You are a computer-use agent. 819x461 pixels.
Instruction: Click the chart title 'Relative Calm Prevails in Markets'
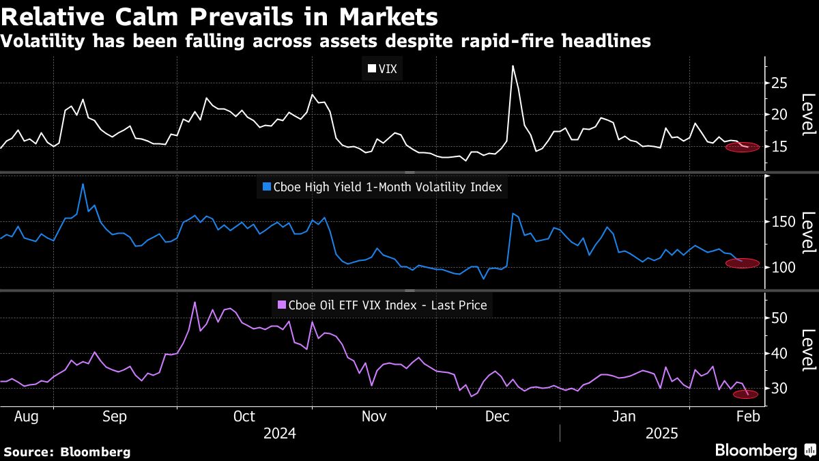(219, 15)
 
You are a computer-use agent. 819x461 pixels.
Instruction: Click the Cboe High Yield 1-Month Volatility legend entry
(381, 186)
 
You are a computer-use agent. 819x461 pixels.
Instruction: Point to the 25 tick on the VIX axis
(779, 83)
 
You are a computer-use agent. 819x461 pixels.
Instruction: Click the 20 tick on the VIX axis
(779, 115)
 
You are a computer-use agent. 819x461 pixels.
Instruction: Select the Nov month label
(373, 416)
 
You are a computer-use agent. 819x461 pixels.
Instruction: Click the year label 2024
(279, 433)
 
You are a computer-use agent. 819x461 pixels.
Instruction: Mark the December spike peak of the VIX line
(513, 66)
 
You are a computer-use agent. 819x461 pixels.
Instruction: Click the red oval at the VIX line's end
(741, 147)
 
